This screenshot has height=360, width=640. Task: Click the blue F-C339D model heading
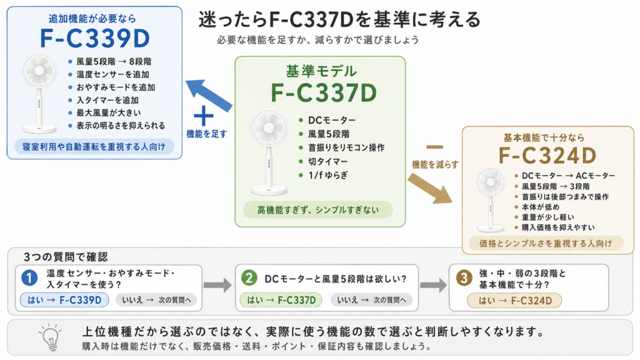(x=95, y=38)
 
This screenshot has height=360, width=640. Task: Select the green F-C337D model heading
(x=324, y=93)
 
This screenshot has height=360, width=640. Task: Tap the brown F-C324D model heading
(x=547, y=156)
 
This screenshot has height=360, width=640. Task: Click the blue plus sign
(x=203, y=116)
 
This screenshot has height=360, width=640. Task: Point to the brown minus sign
(x=434, y=147)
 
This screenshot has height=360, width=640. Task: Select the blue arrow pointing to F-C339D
(x=209, y=96)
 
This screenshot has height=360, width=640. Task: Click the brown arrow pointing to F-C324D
(x=430, y=188)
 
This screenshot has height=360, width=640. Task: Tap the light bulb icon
(x=51, y=337)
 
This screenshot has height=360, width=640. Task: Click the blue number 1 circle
(x=29, y=278)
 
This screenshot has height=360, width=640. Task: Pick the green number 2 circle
(x=249, y=278)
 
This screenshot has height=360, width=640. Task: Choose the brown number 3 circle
(x=464, y=278)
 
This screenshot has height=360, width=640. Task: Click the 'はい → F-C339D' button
(x=64, y=300)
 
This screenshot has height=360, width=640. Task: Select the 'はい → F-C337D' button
(x=281, y=300)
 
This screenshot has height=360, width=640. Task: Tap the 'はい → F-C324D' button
(x=515, y=301)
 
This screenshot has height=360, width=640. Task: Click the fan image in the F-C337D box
(x=269, y=152)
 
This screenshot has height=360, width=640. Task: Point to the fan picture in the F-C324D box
(x=490, y=200)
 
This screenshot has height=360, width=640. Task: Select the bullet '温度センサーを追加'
(x=112, y=74)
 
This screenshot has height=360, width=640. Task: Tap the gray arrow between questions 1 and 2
(x=218, y=285)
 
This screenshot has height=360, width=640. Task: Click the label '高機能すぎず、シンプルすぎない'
(x=318, y=210)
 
